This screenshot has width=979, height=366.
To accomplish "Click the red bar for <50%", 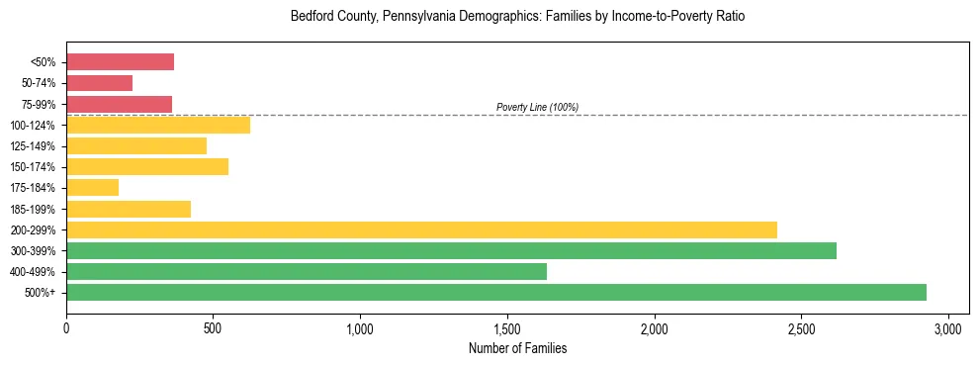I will [x=120, y=62].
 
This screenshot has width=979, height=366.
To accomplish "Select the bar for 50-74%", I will [x=99, y=83].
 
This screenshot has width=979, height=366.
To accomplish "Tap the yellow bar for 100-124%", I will [x=158, y=125].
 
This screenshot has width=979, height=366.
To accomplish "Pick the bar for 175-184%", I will [x=92, y=187].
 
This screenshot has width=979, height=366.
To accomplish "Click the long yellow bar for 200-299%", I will [x=421, y=229].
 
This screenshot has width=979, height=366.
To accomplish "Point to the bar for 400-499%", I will [x=307, y=271].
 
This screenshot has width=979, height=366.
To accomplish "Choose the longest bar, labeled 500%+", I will [x=496, y=292].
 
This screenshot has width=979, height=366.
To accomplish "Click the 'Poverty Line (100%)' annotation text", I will [x=537, y=107].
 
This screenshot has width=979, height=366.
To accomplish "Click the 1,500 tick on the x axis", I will [x=507, y=328].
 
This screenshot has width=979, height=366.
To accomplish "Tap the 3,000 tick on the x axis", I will [x=948, y=328].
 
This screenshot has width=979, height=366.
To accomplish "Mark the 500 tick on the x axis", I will [x=213, y=328].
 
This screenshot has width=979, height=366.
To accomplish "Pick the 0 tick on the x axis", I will [x=66, y=328].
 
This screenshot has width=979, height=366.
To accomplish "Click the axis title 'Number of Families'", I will [x=517, y=348].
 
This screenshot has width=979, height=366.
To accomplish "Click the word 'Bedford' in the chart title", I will [x=310, y=17].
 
